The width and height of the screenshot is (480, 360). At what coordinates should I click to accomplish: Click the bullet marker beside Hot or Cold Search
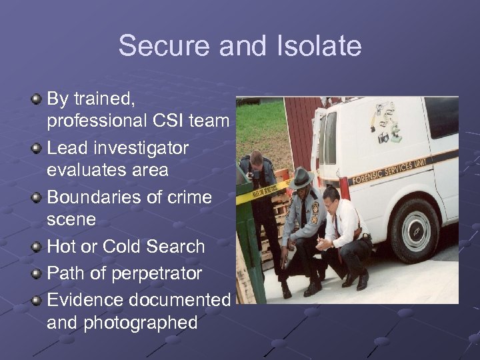click(x=37, y=246)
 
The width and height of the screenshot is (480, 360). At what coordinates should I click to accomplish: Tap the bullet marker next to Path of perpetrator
click(x=37, y=273)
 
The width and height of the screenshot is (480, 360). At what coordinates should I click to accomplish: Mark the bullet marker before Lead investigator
click(x=37, y=147)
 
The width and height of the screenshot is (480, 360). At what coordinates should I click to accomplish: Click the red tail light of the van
click(x=344, y=187)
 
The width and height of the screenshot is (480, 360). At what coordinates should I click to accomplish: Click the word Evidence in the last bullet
click(x=84, y=301)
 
